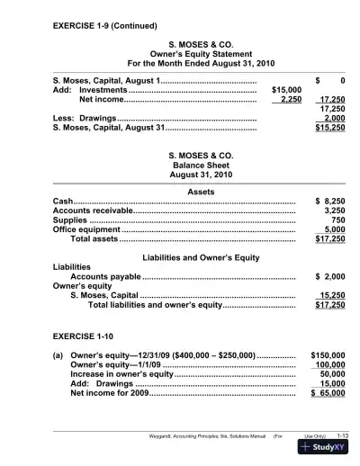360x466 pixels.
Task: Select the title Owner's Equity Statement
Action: click(x=183, y=54)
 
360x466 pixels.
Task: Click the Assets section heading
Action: click(x=183, y=193)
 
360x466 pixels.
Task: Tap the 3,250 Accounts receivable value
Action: click(x=332, y=211)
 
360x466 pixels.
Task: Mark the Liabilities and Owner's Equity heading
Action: click(x=183, y=258)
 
